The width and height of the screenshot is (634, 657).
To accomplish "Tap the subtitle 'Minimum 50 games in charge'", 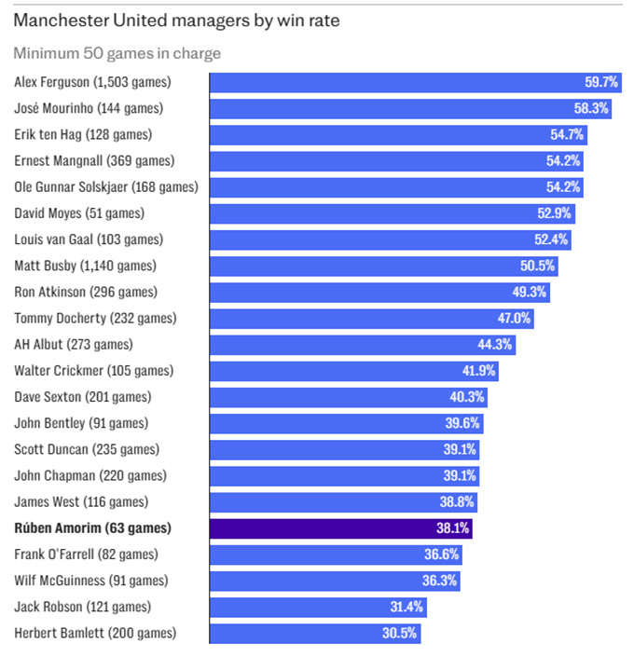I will coord(117,54).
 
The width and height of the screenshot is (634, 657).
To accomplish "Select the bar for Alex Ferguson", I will coord(392,82).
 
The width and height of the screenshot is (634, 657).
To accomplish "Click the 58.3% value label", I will coord(590,108).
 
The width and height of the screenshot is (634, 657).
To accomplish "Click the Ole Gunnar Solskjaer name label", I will coord(106,186).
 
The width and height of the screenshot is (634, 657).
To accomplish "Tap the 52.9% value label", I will coord(554,213).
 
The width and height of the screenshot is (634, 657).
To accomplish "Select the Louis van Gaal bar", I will coord(373,240).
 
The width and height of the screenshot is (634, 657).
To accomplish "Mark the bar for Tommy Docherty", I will coord(354,318).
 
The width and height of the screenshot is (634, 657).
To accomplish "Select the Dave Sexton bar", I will coord(336,397).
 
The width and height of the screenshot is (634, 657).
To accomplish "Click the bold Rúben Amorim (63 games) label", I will coord(93,528).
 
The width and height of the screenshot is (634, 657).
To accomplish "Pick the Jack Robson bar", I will coord(308,607).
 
